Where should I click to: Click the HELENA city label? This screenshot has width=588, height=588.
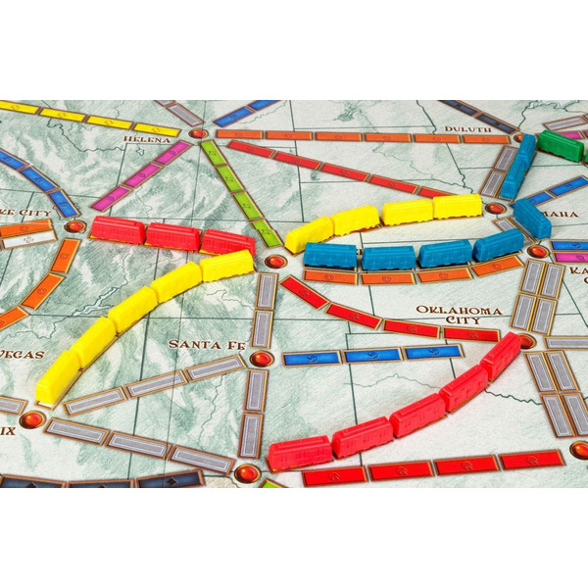pos(147,139)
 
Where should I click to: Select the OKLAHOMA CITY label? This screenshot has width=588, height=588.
pos(452,317)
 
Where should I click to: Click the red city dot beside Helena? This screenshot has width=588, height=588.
pos(198,132)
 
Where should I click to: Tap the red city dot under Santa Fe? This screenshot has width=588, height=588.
pos(261,359)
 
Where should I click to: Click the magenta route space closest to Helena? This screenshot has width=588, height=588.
pos(171,154)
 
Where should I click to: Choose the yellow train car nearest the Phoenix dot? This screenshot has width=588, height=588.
pos(57,378)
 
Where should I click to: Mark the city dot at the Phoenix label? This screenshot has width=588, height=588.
pos(32,419)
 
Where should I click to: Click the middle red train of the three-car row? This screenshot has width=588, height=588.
pos(172,236)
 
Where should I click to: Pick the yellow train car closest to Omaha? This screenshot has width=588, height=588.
pos(457,206)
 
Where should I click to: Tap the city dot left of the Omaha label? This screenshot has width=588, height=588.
pos(496,208)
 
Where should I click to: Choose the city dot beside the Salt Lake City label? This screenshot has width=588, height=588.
pos(75,226)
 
